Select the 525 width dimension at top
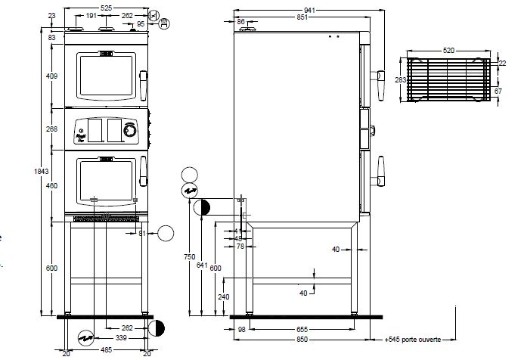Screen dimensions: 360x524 pyautogui.click(x=106, y=6)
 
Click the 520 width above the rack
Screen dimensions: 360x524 pyautogui.click(x=449, y=49)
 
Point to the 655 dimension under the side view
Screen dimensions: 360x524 pyautogui.click(x=302, y=330)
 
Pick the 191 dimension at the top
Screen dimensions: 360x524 pyautogui.click(x=89, y=15)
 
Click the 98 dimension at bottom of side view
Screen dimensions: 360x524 pyautogui.click(x=242, y=330)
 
